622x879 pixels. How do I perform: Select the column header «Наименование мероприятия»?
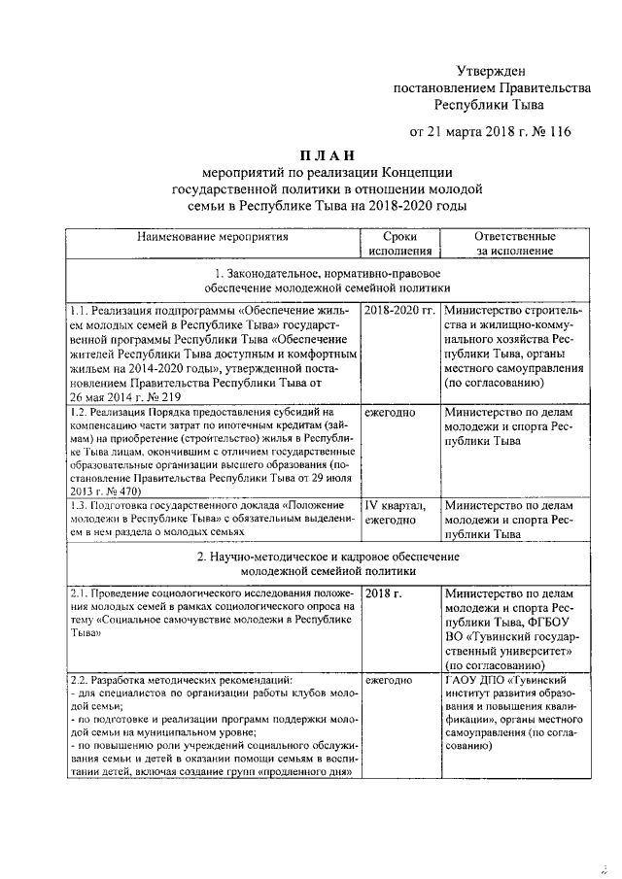[x=213, y=236]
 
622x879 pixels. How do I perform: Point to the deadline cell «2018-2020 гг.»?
[x=398, y=311]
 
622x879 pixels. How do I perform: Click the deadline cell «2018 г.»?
[x=382, y=592]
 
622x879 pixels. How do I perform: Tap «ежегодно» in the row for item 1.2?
[x=390, y=413]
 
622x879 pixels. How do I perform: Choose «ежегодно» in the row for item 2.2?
[x=390, y=681]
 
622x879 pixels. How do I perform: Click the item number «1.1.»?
[x=81, y=311]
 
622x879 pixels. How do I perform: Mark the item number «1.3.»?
[x=81, y=505]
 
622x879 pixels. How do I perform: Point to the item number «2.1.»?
[x=81, y=592]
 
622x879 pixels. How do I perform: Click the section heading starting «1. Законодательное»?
[x=327, y=281]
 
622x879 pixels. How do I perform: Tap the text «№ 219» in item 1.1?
[x=190, y=396]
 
